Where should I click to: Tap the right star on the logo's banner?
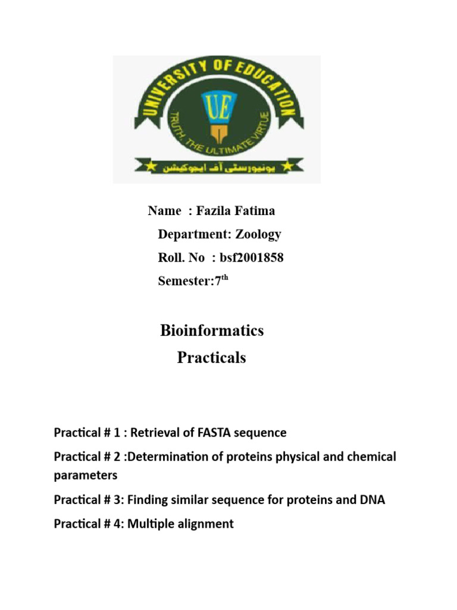click(290, 163)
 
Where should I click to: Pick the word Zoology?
click(258, 234)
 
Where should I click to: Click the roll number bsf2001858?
click(251, 257)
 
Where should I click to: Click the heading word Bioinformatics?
click(212, 331)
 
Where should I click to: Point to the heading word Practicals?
click(212, 357)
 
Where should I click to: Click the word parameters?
click(86, 475)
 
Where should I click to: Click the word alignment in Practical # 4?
click(206, 524)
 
